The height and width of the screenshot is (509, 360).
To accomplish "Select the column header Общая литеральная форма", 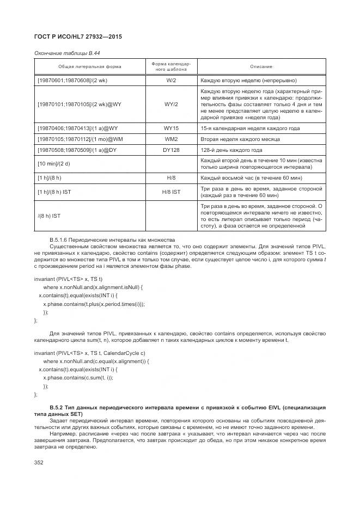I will pos(90,66).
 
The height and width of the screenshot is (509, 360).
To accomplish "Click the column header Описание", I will pos(261,66).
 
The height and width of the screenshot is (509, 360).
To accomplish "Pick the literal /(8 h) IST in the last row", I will pos(49,216).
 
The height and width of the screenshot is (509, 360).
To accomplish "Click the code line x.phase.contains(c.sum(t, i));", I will pos(78,377).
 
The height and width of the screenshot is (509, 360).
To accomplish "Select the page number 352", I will pos(39,462).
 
